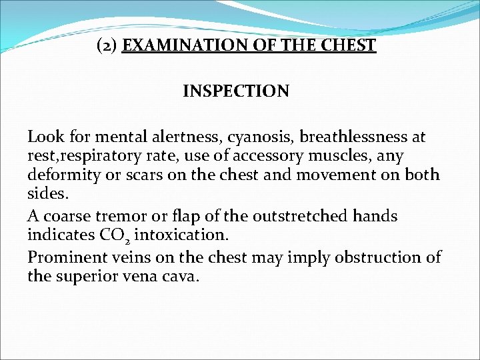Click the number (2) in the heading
[x=108, y=46]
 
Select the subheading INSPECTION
[x=236, y=91]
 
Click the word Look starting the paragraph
[x=43, y=137]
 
